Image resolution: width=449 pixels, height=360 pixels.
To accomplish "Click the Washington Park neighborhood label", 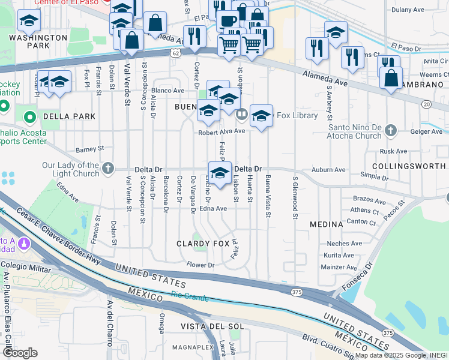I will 38,41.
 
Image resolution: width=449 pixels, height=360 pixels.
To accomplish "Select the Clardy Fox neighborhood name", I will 203,244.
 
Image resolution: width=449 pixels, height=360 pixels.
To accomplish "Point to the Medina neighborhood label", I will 325,224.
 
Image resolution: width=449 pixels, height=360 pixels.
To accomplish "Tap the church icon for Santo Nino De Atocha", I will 390,130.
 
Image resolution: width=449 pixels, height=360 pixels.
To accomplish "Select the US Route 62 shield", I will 174,54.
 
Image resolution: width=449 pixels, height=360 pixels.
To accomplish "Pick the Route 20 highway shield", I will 426,104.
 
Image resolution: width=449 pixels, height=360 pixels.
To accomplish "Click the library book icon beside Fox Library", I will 241,114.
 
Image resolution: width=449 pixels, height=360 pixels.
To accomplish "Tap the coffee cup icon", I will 228,22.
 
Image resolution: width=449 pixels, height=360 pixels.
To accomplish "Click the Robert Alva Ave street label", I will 222,131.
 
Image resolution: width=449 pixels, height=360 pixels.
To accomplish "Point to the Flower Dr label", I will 200,265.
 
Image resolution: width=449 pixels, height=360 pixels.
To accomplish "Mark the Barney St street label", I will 91,148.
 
